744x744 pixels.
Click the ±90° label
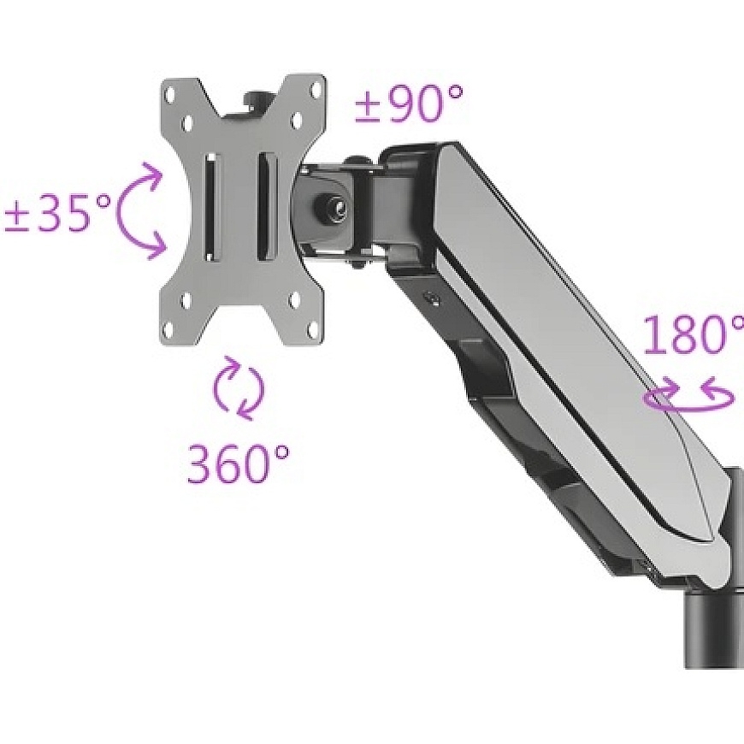[409, 103]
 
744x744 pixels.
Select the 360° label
[238, 463]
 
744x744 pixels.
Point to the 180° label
[694, 334]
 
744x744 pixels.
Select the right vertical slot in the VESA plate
[267, 206]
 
